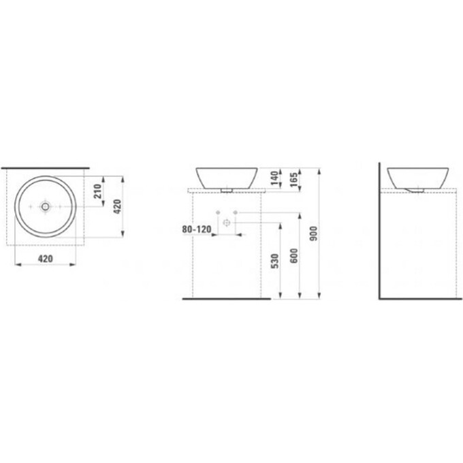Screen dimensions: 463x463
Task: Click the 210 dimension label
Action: pyautogui.click(x=98, y=191)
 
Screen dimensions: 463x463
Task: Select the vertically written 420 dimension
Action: pyautogui.click(x=118, y=206)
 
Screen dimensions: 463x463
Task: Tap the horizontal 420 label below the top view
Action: pyautogui.click(x=46, y=259)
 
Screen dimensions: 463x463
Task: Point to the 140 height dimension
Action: pyautogui.click(x=274, y=178)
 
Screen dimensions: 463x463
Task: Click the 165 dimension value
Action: pyautogui.click(x=294, y=180)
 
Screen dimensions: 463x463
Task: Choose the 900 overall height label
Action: pyautogui.click(x=314, y=234)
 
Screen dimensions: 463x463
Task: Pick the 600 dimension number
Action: pyautogui.click(x=294, y=256)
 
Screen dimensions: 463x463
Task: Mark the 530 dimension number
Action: pyautogui.click(x=274, y=261)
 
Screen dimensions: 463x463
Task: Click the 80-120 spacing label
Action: pyautogui.click(x=197, y=229)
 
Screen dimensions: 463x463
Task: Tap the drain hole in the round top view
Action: pyautogui.click(x=45, y=206)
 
